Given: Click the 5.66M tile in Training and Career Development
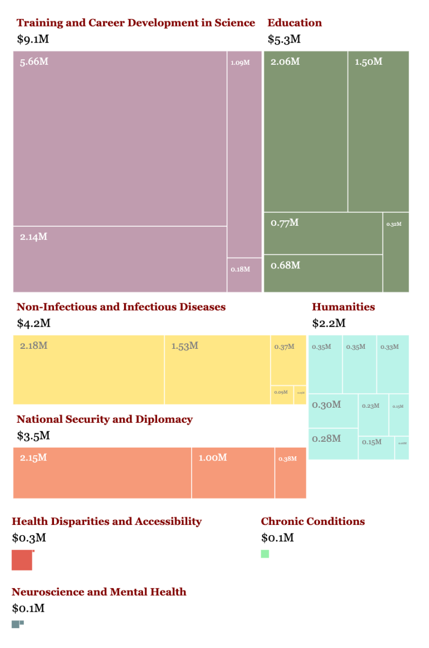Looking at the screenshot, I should (120, 138).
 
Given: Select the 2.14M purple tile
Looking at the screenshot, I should (120, 259).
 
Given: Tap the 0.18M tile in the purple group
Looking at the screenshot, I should (244, 275).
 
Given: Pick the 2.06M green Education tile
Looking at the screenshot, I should (305, 131).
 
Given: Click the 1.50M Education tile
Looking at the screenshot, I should (378, 131).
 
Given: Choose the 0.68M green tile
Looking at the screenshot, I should (323, 273).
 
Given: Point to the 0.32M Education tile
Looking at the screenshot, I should (396, 252).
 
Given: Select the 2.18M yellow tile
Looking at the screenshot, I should (88, 369).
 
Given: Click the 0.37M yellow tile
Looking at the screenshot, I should (288, 360).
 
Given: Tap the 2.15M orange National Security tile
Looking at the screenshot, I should (102, 473).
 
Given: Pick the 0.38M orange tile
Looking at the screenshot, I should (290, 473).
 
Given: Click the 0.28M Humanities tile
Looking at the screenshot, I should (333, 444).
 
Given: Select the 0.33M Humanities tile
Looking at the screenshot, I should (392, 364).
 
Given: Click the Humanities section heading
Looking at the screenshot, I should (343, 307).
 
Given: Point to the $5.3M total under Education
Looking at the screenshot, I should (284, 39).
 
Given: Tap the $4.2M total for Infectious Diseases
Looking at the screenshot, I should (33, 323).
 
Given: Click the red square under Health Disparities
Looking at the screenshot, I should (22, 560).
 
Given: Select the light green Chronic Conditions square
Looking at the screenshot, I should (265, 553).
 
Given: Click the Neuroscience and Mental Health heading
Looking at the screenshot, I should (99, 592).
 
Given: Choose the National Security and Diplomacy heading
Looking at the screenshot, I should (104, 419).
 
